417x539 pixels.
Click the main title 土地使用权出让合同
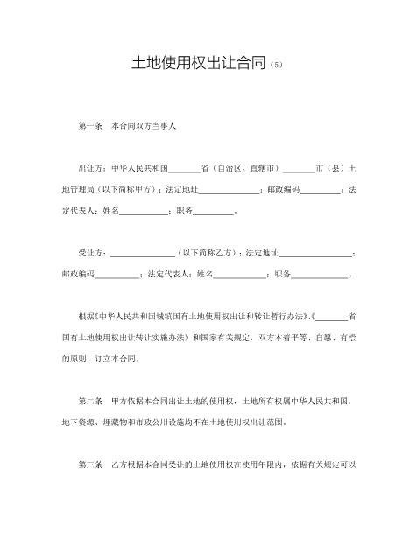200,64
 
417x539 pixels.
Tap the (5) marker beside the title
278,66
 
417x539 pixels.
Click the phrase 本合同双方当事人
144,127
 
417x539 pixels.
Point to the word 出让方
89,168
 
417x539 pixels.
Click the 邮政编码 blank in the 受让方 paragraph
115,275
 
